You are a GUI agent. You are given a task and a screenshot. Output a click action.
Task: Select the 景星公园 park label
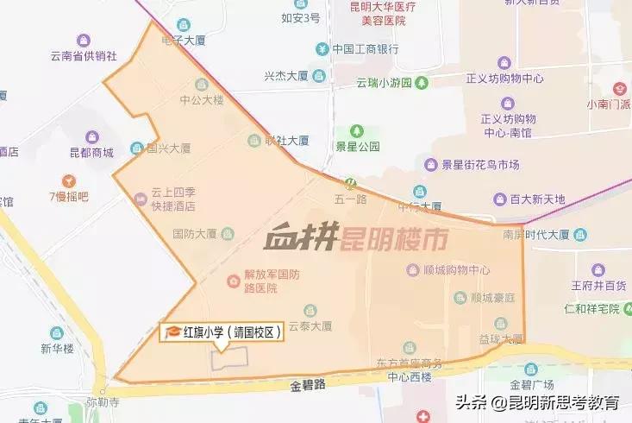(x=357, y=147)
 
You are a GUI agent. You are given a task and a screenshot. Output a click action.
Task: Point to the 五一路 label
(x=350, y=198)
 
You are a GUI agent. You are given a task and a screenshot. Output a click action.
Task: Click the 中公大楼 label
(x=201, y=99)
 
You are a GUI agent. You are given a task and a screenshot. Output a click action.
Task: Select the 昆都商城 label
(x=92, y=153)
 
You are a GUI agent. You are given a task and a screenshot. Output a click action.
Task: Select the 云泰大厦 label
(x=310, y=326)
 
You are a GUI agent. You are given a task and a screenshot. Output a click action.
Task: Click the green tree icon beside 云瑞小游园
(x=422, y=83)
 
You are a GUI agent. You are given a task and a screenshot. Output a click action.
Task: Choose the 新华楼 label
(x=58, y=349)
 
